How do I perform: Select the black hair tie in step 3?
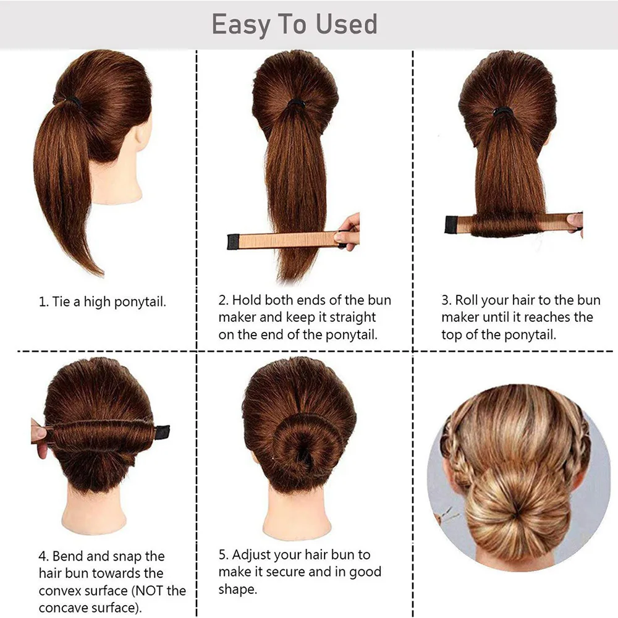(x=502, y=112)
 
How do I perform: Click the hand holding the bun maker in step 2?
(x=349, y=232)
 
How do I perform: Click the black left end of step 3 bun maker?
(x=452, y=224)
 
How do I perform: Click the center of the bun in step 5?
(x=298, y=445)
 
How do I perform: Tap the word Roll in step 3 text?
(x=468, y=300)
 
